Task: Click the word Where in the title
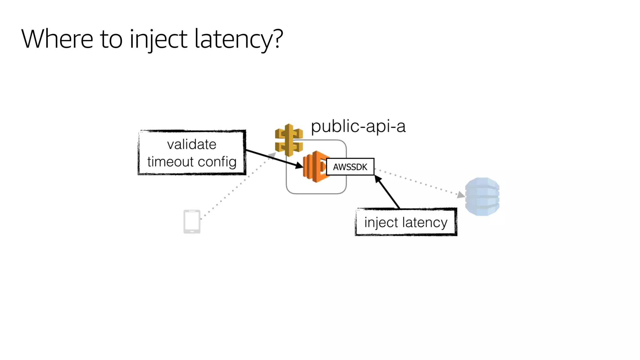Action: pos(57,39)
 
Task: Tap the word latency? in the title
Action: pos(239,39)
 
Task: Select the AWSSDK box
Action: pos(350,167)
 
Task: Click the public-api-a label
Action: pos(358,127)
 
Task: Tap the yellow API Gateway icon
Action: pos(289,140)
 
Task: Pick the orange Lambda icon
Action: pos(315,167)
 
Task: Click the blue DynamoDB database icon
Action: pos(482,197)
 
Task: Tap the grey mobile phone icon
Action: pos(192,222)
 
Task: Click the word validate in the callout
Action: pos(192,145)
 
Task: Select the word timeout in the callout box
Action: pos(170,162)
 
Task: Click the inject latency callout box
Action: pos(406,222)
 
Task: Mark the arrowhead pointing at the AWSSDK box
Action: pos(378,179)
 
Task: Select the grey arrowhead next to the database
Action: pos(461,195)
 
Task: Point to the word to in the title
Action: pos(111,39)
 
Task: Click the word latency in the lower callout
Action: pos(425,222)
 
